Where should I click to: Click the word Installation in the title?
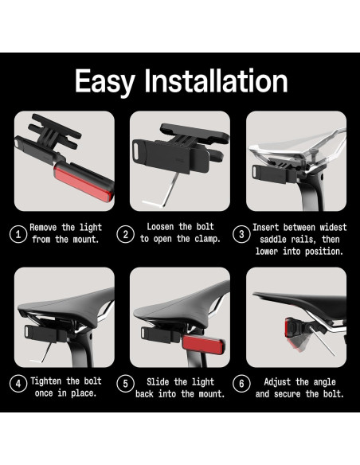coord(216,80)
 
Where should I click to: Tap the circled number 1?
coord(18,234)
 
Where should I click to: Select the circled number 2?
coord(125,234)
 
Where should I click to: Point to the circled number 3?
coord(241,234)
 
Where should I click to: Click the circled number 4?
coord(18,384)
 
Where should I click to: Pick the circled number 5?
coord(125,384)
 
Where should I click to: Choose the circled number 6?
coord(241,384)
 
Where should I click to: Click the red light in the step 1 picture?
coord(83,182)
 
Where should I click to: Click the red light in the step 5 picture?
coord(203,345)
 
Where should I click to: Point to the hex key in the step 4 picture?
coord(45,354)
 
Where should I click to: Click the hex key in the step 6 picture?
coord(322,341)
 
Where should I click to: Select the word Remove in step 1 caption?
coord(43,228)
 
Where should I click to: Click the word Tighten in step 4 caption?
coord(46,381)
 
